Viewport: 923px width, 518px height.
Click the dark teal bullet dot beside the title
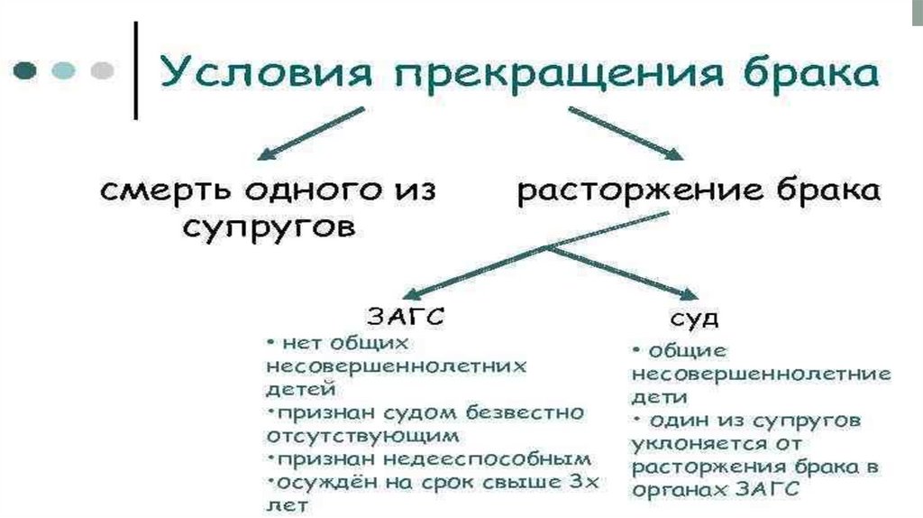[26, 69]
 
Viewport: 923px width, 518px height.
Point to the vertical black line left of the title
[136, 70]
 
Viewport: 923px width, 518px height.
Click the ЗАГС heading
[405, 317]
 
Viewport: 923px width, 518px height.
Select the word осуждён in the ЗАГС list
[316, 482]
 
